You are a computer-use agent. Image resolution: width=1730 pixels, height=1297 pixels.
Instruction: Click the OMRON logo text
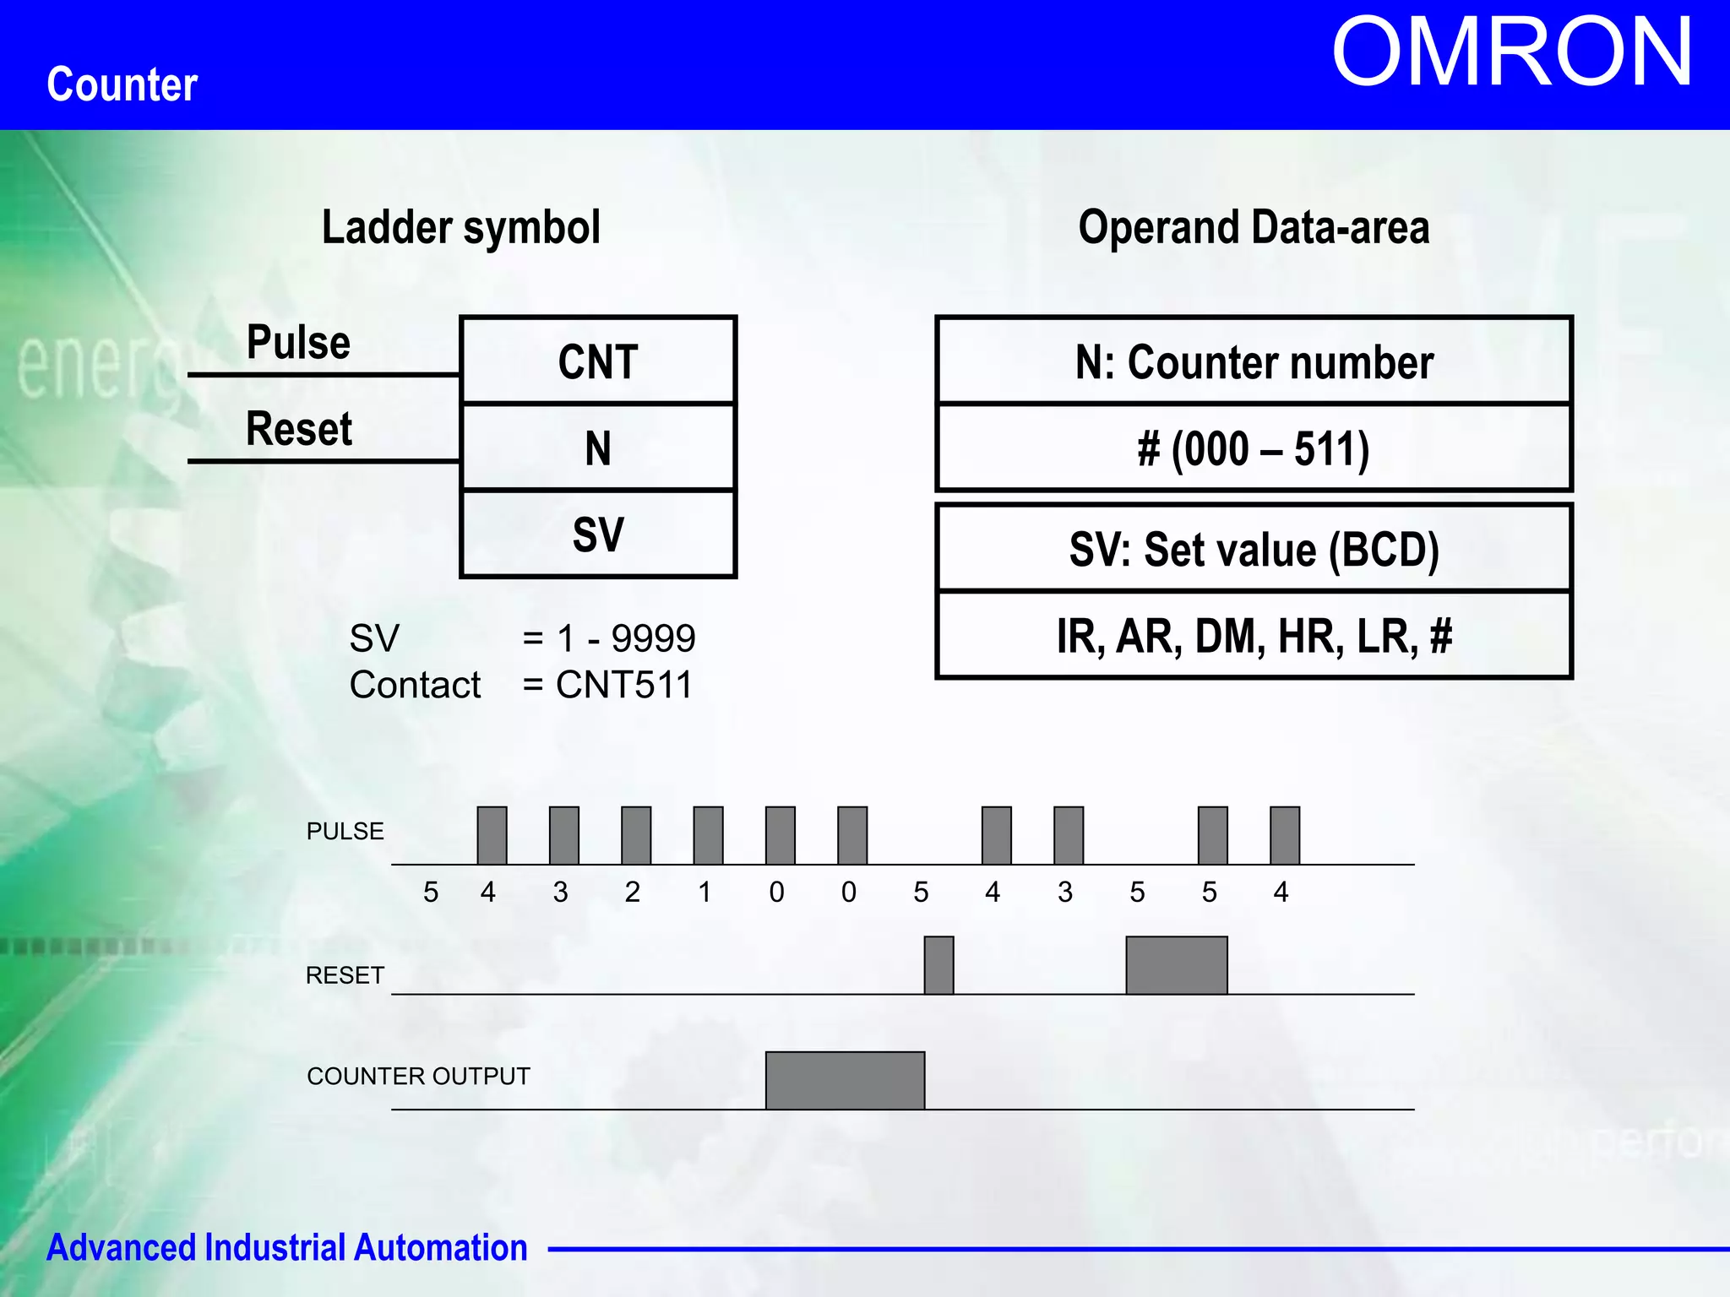[x=1511, y=52]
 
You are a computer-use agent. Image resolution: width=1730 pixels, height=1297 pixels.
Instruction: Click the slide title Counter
[x=122, y=84]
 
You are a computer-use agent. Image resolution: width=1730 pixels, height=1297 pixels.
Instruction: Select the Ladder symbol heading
[x=461, y=228]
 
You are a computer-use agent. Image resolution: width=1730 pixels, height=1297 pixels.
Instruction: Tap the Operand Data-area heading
[x=1254, y=228]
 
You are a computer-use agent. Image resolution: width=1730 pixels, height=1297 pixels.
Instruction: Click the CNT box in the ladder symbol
[x=598, y=361]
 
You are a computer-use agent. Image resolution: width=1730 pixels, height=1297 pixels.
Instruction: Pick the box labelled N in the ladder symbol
[x=598, y=448]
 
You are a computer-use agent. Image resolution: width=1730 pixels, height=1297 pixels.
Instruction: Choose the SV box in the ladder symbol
[x=598, y=535]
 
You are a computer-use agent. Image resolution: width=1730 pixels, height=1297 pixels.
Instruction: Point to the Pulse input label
[x=298, y=343]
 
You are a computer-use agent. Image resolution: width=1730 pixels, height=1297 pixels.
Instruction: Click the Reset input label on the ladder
[x=298, y=429]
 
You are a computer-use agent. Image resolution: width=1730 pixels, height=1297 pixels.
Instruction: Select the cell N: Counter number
[x=1254, y=361]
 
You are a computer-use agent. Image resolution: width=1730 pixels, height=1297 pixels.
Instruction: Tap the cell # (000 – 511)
[x=1254, y=448]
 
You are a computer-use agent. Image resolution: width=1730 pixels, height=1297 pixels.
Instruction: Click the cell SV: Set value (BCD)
[x=1254, y=549]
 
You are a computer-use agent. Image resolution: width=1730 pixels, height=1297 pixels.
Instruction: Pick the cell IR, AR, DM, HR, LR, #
[x=1254, y=636]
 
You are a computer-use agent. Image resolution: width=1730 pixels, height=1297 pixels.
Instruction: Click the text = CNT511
[x=607, y=685]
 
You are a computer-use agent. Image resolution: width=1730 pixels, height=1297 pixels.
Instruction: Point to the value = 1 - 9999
[x=609, y=638]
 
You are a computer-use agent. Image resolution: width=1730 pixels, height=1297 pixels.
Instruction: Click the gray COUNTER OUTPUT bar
[x=845, y=1080]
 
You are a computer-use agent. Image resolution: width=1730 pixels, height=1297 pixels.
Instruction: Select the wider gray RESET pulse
[x=1176, y=965]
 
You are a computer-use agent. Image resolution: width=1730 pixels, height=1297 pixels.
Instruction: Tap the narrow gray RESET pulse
[x=938, y=965]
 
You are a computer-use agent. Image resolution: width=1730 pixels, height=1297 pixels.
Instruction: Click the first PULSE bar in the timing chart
[x=492, y=835]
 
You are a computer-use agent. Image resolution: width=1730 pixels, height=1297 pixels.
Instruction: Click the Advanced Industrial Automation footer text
[x=286, y=1247]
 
